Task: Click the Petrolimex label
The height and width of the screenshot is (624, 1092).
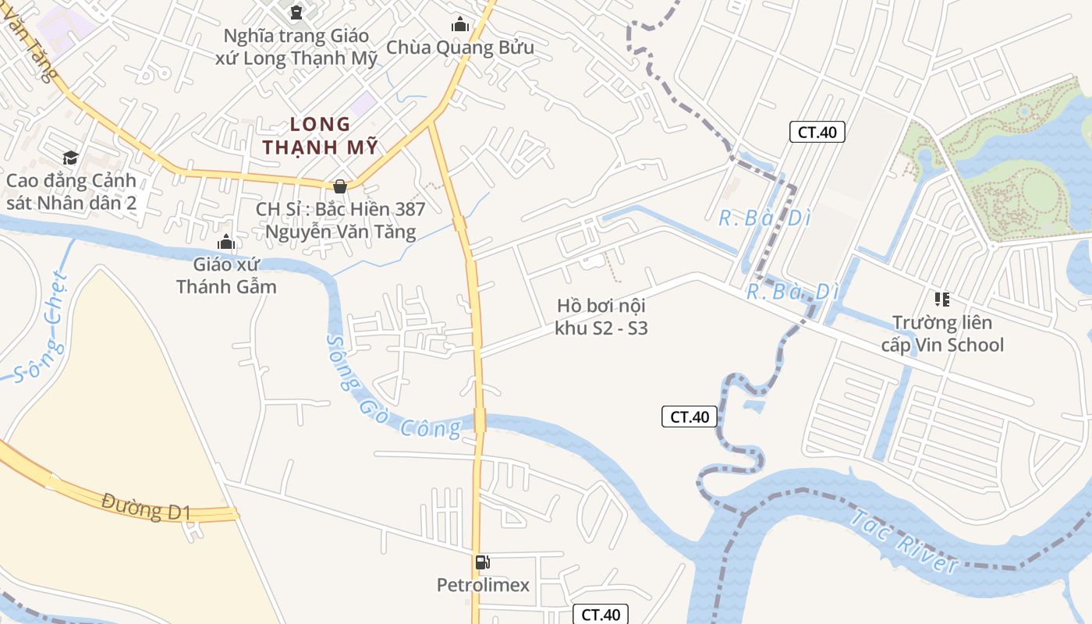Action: pyautogui.click(x=483, y=585)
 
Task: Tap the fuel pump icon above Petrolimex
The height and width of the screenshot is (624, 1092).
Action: pyautogui.click(x=483, y=562)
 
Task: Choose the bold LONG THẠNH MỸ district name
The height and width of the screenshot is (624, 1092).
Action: pyautogui.click(x=320, y=136)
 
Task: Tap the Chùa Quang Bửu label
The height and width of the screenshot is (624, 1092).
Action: pyautogui.click(x=460, y=48)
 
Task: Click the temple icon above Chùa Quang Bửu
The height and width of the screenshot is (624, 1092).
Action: pyautogui.click(x=460, y=25)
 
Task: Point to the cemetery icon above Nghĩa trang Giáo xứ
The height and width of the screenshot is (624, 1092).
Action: pyautogui.click(x=296, y=12)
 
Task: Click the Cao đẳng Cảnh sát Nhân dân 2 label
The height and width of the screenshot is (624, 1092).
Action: pyautogui.click(x=71, y=192)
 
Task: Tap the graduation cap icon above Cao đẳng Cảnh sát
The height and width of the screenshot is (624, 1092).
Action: pyautogui.click(x=71, y=158)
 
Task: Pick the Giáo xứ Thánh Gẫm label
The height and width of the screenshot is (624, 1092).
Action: pyautogui.click(x=226, y=275)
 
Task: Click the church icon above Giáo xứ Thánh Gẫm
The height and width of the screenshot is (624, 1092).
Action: pyautogui.click(x=226, y=242)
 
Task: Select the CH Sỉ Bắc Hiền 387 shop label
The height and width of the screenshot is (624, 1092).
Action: pyautogui.click(x=341, y=220)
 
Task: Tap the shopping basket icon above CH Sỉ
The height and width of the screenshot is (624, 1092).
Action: pyautogui.click(x=340, y=186)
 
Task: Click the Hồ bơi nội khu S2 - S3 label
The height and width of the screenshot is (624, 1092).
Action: pyautogui.click(x=601, y=317)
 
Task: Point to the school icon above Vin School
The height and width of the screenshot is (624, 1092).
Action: pyautogui.click(x=942, y=300)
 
